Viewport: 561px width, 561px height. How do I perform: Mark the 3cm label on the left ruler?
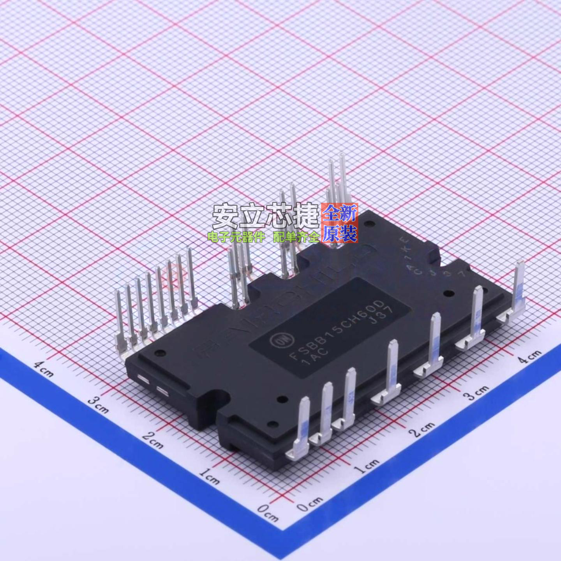tap(98, 404)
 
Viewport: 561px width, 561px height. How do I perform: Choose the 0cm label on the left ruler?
tap(268, 512)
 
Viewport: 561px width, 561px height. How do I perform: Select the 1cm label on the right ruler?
tap(367, 466)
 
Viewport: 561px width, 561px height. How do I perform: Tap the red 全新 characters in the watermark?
tap(340, 213)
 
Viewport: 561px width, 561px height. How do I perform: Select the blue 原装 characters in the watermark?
tap(340, 234)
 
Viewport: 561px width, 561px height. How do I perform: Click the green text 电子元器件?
tap(236, 236)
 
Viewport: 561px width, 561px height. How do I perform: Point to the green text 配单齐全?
tap(296, 236)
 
